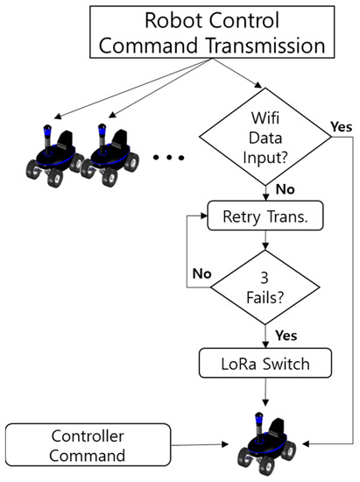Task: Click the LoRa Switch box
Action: click(x=264, y=361)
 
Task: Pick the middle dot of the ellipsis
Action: click(x=173, y=159)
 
